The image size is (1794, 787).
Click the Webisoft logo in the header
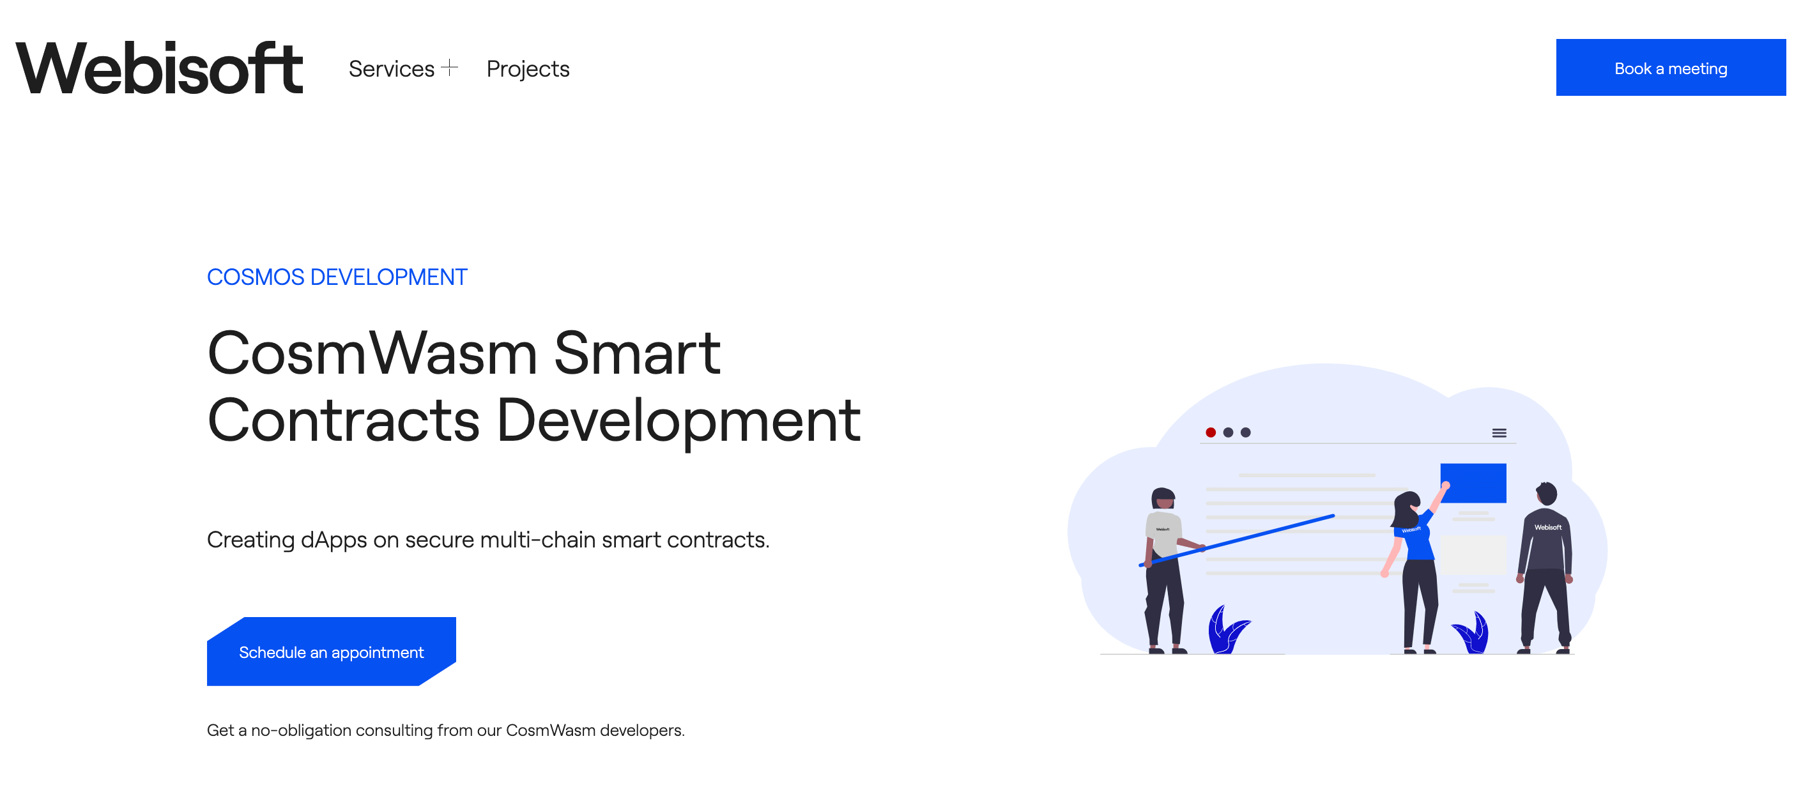pyautogui.click(x=160, y=68)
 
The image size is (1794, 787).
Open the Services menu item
pyautogui.click(x=392, y=68)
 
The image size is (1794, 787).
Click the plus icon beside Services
pyautogui.click(x=450, y=68)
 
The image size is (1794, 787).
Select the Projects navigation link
pyautogui.click(x=528, y=69)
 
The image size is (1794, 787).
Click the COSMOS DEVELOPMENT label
pyautogui.click(x=337, y=277)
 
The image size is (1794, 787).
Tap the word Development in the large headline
pyautogui.click(x=678, y=420)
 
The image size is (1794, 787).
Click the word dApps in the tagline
pyautogui.click(x=333, y=540)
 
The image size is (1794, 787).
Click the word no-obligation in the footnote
pyautogui.click(x=301, y=731)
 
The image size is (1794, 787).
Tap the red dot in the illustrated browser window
pyautogui.click(x=1211, y=432)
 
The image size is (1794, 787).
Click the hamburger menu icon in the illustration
pyautogui.click(x=1499, y=433)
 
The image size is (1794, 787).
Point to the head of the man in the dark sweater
pyautogui.click(x=1546, y=493)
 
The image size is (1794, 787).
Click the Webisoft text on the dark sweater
pyautogui.click(x=1547, y=527)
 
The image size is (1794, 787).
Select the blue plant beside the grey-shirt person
pyautogui.click(x=1228, y=630)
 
